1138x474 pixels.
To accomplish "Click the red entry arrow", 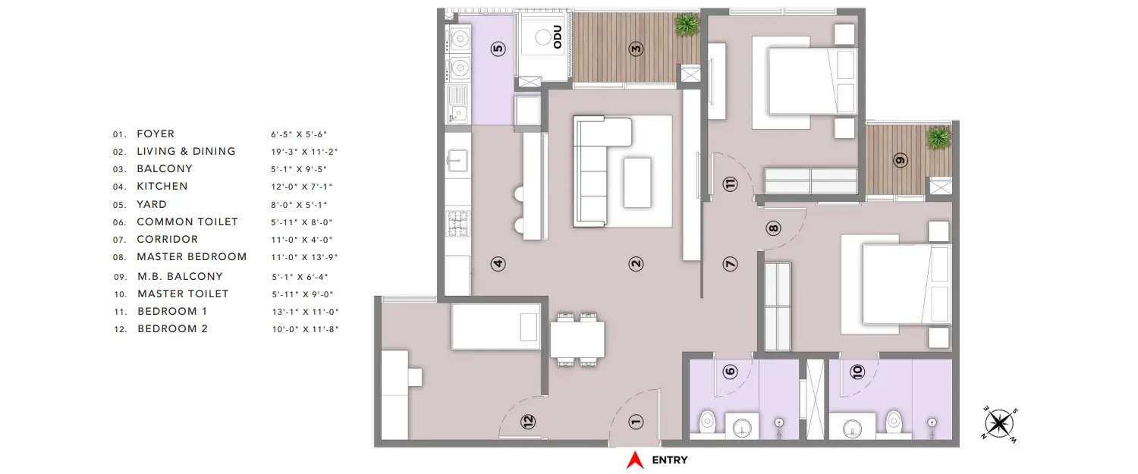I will pyautogui.click(x=634, y=460).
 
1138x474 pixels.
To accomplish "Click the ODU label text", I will pyautogui.click(x=558, y=37).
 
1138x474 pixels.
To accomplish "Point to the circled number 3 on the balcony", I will pyautogui.click(x=637, y=49).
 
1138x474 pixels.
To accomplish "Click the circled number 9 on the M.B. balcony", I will pyautogui.click(x=901, y=161).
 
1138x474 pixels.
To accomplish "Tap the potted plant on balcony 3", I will pyautogui.click(x=687, y=24).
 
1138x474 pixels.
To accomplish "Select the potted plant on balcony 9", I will pyautogui.click(x=938, y=138).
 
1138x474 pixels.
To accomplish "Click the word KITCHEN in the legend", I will pyautogui.click(x=162, y=187).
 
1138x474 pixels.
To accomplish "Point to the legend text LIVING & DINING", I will pyautogui.click(x=186, y=152).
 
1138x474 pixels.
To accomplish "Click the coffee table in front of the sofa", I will pyautogui.click(x=637, y=182).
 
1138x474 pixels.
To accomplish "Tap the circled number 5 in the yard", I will pyautogui.click(x=498, y=49).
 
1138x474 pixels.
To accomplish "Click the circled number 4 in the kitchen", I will pyautogui.click(x=498, y=264).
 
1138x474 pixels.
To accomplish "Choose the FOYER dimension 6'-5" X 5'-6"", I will pyautogui.click(x=303, y=134).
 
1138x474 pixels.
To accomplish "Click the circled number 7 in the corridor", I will pyautogui.click(x=730, y=264).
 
